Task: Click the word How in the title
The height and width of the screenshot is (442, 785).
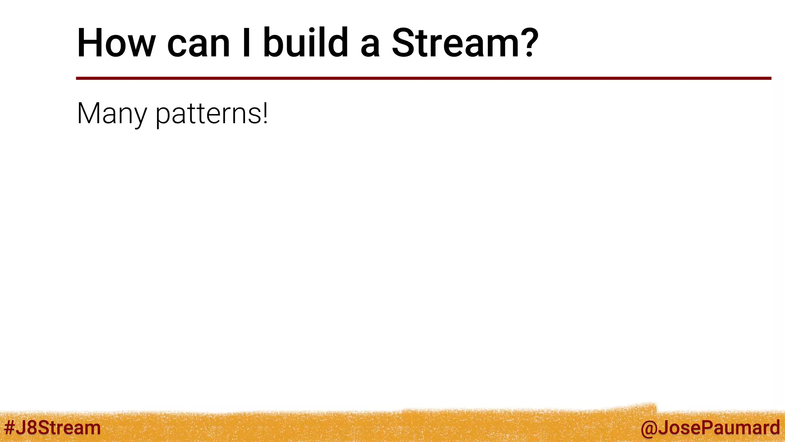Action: pos(116,43)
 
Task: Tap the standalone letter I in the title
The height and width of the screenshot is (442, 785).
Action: pos(246,43)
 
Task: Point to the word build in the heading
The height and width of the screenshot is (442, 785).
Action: pos(305,43)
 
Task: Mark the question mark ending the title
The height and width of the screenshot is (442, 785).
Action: pos(528,43)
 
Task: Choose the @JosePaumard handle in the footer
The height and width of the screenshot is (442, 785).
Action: pos(710,427)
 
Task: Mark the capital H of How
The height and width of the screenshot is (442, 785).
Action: pos(92,43)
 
